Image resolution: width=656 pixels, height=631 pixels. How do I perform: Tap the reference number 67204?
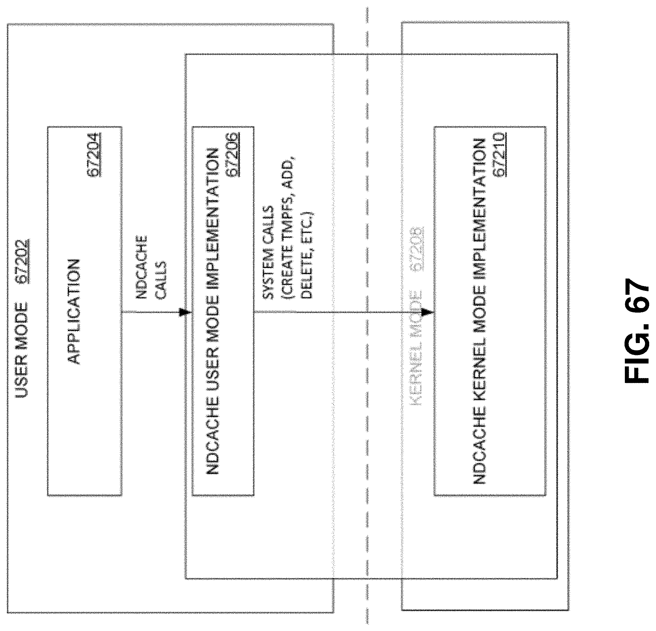tap(94, 155)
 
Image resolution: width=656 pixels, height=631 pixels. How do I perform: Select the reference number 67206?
tap(232, 155)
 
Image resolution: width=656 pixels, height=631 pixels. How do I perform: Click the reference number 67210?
tap(499, 155)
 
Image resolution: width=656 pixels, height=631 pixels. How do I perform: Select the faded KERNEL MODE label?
tap(416, 348)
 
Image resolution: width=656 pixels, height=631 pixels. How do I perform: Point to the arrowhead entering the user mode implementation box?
tap(185, 313)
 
